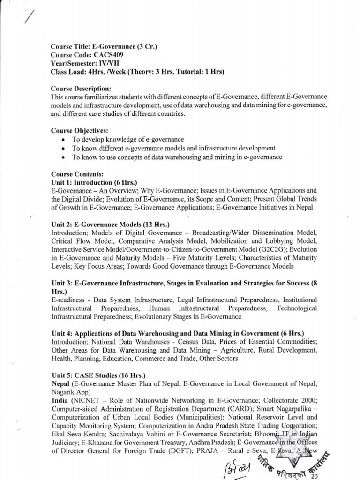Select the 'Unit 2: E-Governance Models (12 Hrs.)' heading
(x=110, y=224)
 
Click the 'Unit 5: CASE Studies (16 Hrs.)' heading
(x=98, y=375)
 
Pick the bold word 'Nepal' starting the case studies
(x=60, y=384)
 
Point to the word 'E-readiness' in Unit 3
(x=70, y=300)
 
